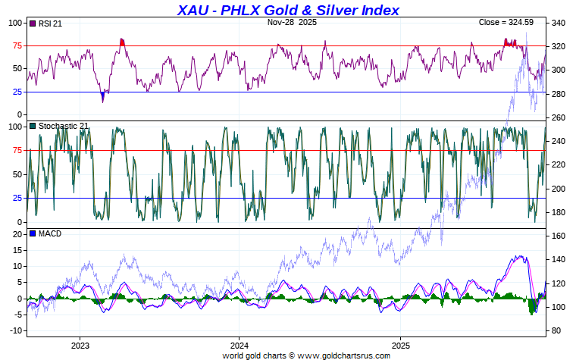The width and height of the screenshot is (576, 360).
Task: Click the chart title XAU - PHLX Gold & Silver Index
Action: (x=288, y=10)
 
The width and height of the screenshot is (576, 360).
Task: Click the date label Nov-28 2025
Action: (x=293, y=23)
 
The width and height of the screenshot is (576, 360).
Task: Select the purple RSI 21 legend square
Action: (x=32, y=23)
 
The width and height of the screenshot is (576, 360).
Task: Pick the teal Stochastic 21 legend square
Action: (x=32, y=126)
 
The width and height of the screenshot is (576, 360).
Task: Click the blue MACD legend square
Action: (x=32, y=233)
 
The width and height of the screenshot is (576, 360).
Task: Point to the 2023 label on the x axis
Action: (x=80, y=345)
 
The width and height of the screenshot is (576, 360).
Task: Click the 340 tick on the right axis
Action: (x=559, y=23)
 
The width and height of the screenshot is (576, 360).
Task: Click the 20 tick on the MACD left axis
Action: (x=16, y=234)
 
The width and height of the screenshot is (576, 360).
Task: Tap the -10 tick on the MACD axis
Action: (x=14, y=331)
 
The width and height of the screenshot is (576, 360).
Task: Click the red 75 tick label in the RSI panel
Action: (x=16, y=45)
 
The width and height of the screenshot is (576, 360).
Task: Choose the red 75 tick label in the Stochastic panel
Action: (x=16, y=150)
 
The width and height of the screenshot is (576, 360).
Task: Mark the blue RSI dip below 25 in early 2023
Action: (x=103, y=97)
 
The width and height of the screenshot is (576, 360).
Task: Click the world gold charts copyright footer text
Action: (x=288, y=355)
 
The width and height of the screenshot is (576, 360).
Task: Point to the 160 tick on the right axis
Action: (x=559, y=236)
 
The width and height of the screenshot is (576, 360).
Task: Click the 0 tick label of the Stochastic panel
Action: (x=19, y=222)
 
